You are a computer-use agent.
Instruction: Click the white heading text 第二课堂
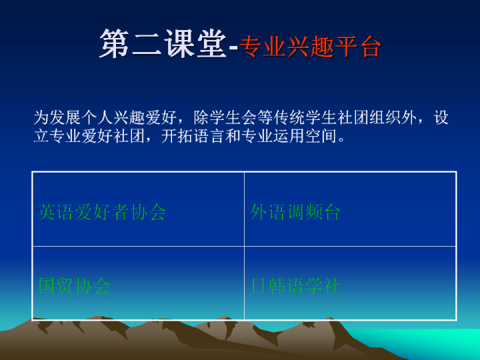tap(163, 44)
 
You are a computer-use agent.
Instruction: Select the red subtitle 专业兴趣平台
tap(310, 47)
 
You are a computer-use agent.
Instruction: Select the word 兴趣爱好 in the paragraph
tap(145, 117)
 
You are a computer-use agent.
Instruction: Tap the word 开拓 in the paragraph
tap(177, 136)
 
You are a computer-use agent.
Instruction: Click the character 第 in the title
tap(114, 44)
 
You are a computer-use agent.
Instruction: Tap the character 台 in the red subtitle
tap(371, 47)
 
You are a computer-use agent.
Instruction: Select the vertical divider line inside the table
tap(244, 246)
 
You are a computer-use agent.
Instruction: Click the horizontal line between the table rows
tap(244, 246)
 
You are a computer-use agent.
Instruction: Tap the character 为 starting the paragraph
tap(41, 117)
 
